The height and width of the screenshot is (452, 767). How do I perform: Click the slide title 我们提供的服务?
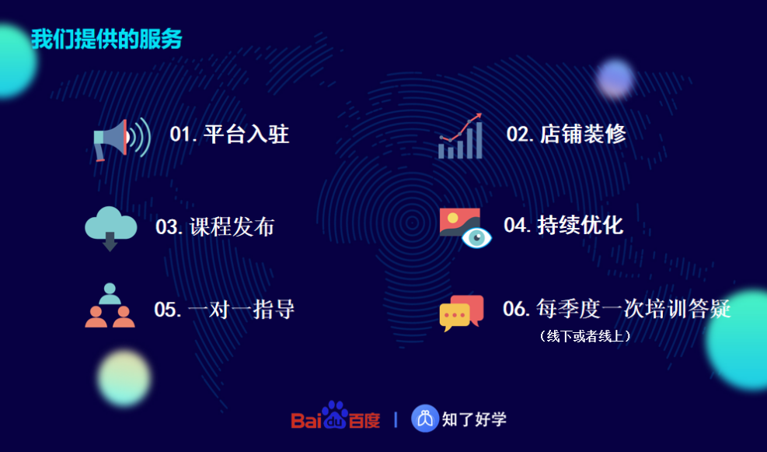point(106,39)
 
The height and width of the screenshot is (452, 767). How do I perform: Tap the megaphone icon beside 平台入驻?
point(122,139)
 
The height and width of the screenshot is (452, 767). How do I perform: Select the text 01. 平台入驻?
point(229,134)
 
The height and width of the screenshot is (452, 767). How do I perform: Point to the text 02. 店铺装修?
point(566,134)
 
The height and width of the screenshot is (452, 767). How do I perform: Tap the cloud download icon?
point(110,229)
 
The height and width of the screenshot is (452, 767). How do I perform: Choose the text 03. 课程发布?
point(215,226)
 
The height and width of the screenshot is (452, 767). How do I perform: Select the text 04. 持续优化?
point(563,226)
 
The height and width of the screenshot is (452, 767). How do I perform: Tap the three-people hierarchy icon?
point(110,305)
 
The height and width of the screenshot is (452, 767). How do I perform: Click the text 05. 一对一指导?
point(225,310)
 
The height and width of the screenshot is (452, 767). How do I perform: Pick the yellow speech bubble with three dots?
point(455,317)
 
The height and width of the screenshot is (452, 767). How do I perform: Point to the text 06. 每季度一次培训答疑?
point(617,309)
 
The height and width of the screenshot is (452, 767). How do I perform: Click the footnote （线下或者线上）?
point(584,336)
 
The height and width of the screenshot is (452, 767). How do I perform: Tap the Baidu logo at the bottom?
point(336,415)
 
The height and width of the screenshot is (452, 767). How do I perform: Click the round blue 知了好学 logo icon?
point(425,419)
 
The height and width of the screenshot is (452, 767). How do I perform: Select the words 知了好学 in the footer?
point(474,419)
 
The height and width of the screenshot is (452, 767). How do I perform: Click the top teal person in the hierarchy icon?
point(110,293)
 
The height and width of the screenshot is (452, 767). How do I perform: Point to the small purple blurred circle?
point(615,79)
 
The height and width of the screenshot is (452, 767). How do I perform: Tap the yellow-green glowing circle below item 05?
point(124,378)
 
